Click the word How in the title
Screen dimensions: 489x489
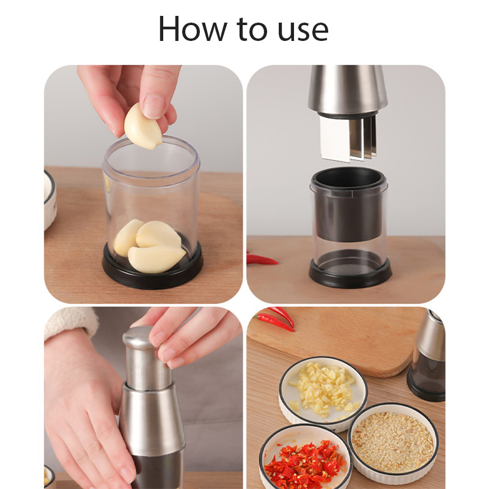193,29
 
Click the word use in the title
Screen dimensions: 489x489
303,31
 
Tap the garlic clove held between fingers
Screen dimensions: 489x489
142,127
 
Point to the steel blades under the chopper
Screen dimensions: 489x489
348,140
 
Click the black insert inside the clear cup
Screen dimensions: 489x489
348,204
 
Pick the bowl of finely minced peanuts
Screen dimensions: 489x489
393,442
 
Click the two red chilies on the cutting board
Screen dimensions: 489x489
275,318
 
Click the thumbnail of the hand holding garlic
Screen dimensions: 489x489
144,184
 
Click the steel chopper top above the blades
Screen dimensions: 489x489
347,90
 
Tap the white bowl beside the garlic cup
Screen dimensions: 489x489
50,200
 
